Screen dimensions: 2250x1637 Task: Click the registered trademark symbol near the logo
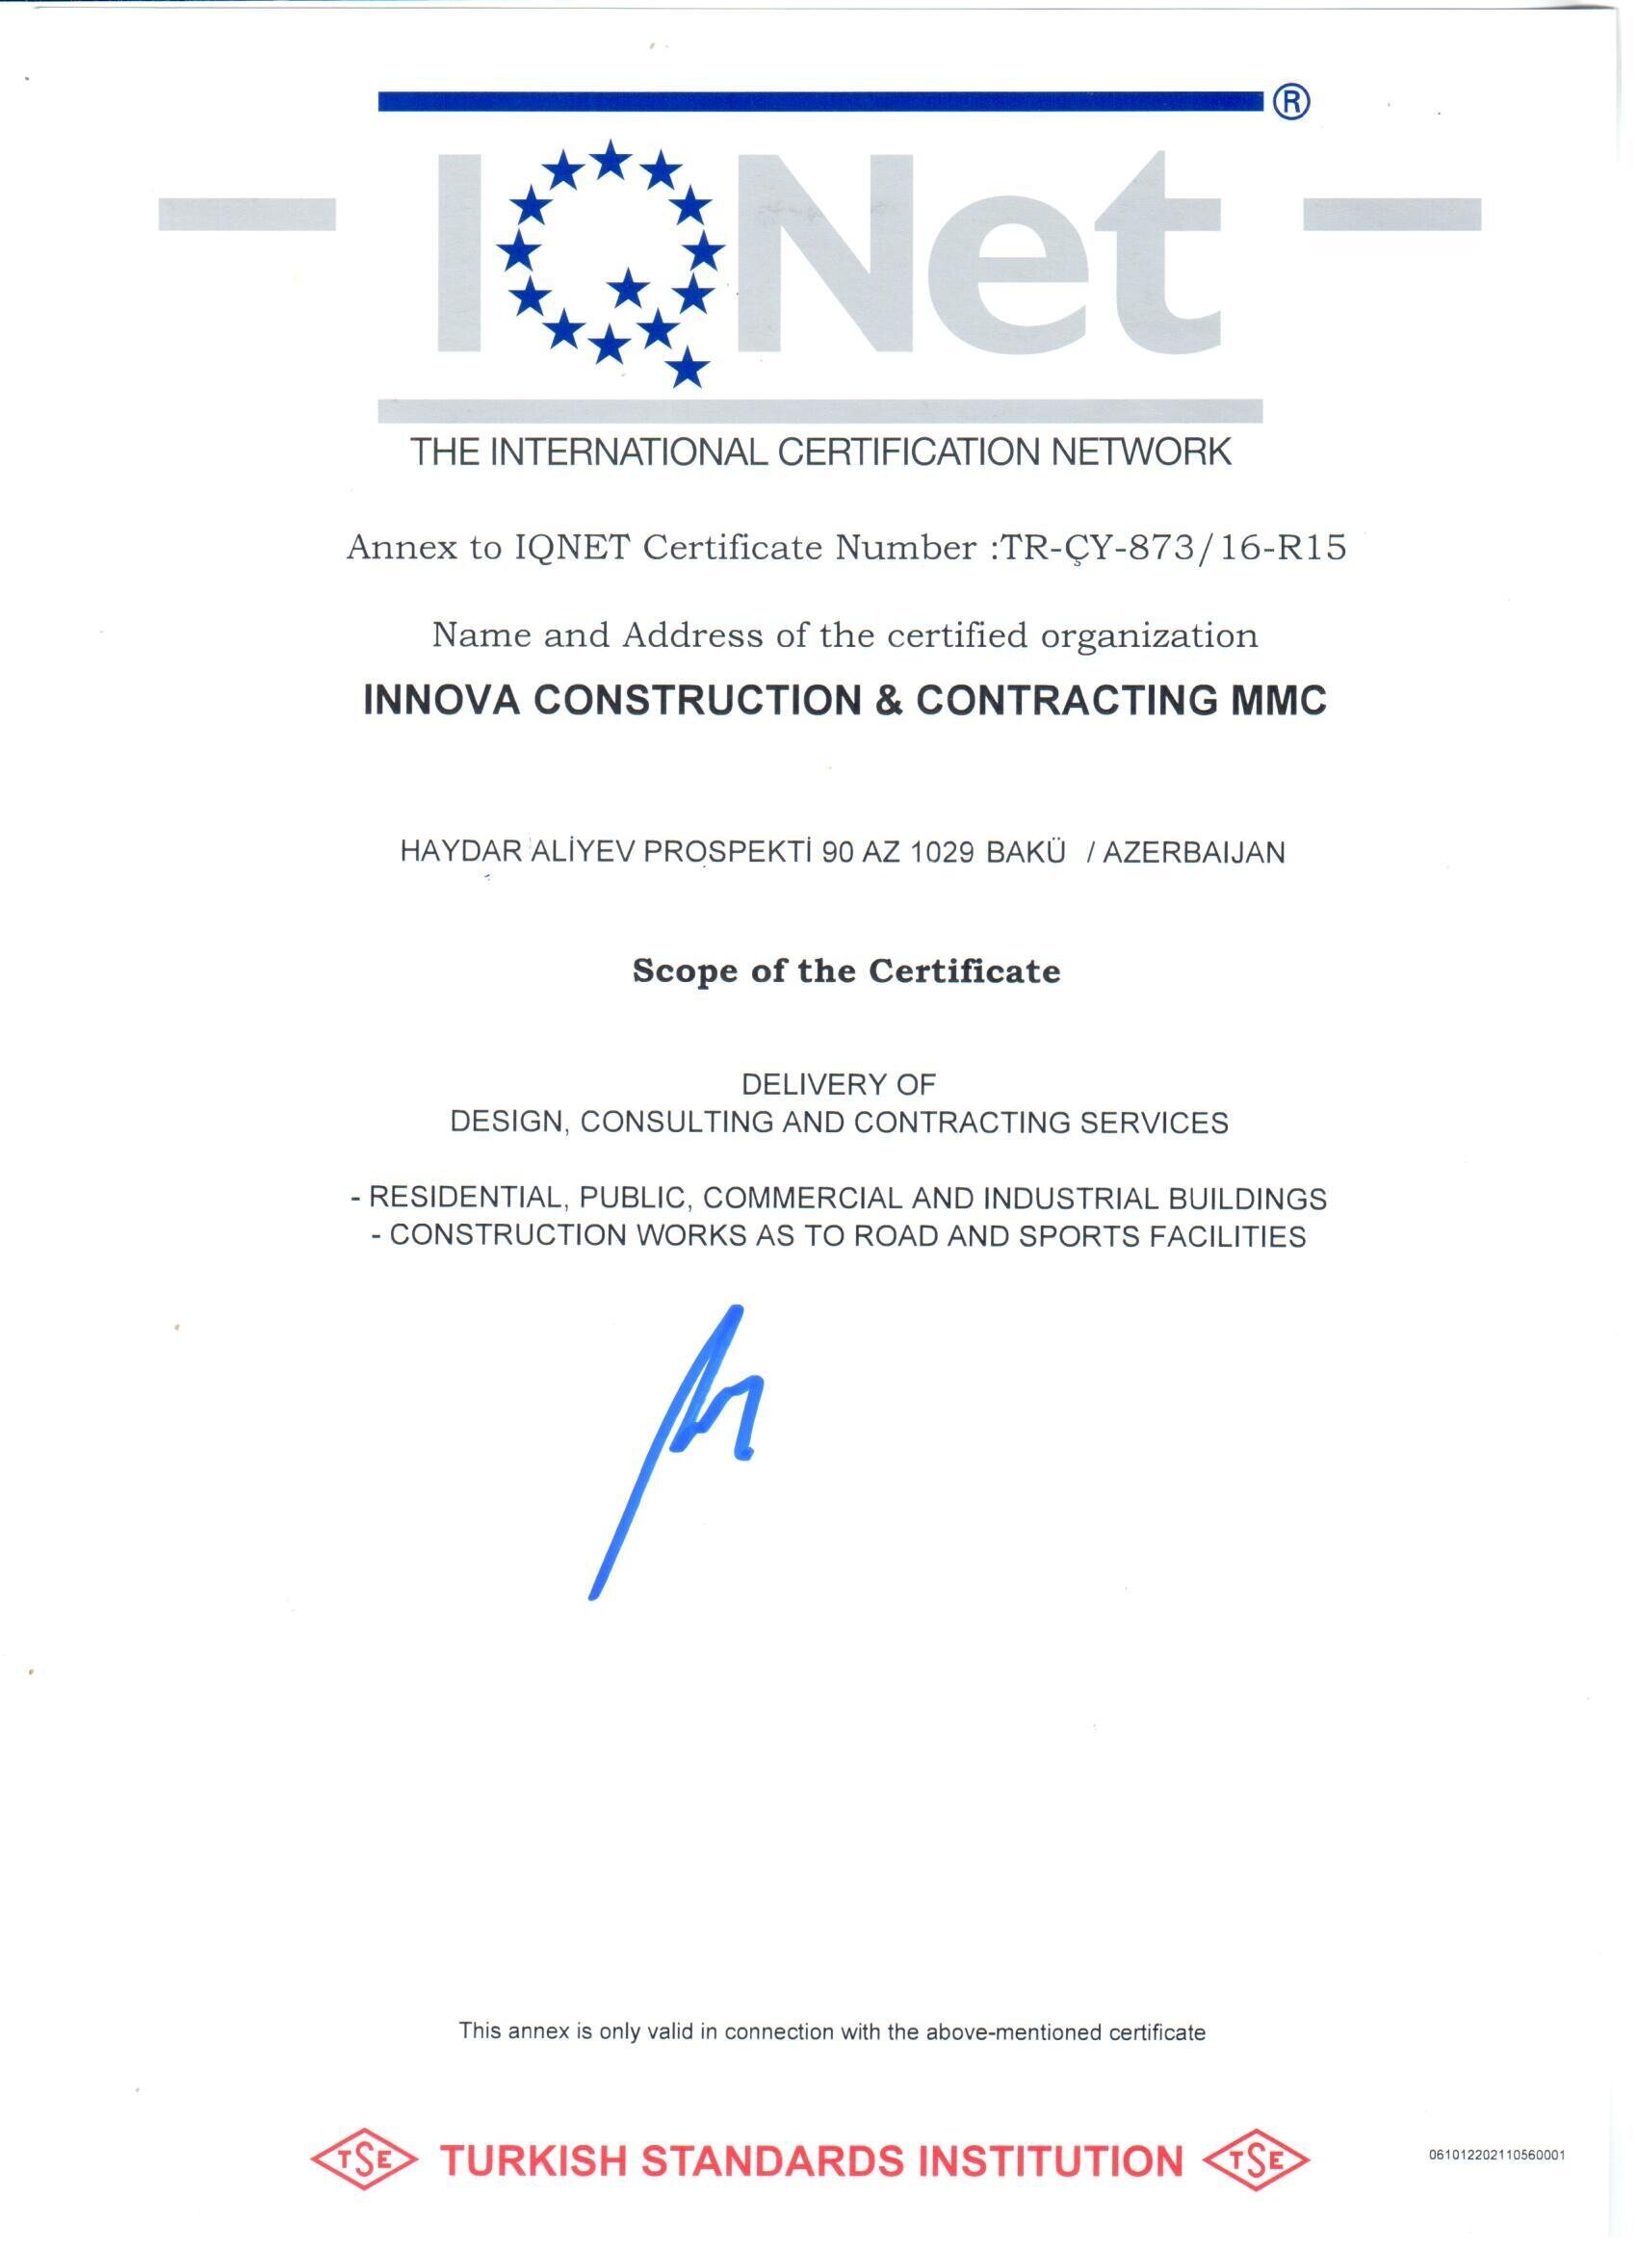(x=1290, y=101)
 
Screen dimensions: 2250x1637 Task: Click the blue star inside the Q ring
(x=628, y=290)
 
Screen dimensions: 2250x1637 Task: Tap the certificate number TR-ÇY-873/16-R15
(x=1173, y=547)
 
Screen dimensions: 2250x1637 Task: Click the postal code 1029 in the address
(x=942, y=852)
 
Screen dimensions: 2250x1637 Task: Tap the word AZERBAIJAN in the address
(x=1193, y=852)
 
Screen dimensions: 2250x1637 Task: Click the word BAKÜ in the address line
(x=1026, y=852)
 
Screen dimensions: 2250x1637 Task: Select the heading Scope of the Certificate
(x=846, y=970)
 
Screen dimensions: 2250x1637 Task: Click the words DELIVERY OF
(x=839, y=1084)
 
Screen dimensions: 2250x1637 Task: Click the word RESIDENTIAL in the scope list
(x=466, y=1199)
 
